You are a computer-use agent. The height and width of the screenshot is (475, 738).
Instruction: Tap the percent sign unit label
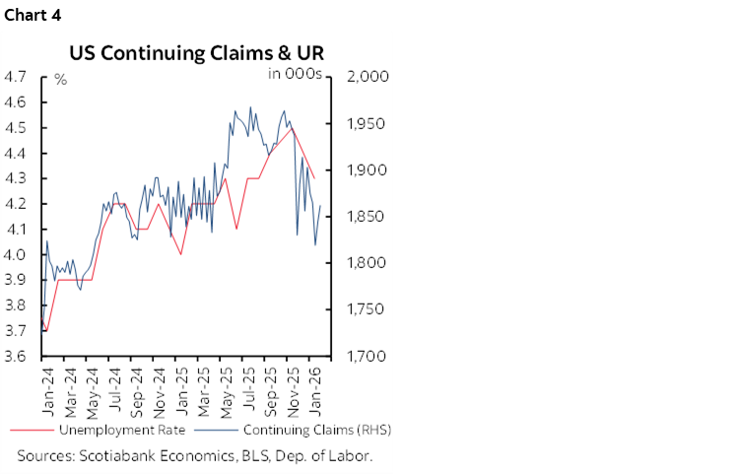pos(60,80)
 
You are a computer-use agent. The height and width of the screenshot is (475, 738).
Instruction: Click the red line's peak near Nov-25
pos(293,128)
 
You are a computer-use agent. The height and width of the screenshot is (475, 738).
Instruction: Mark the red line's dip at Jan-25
pos(181,254)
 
